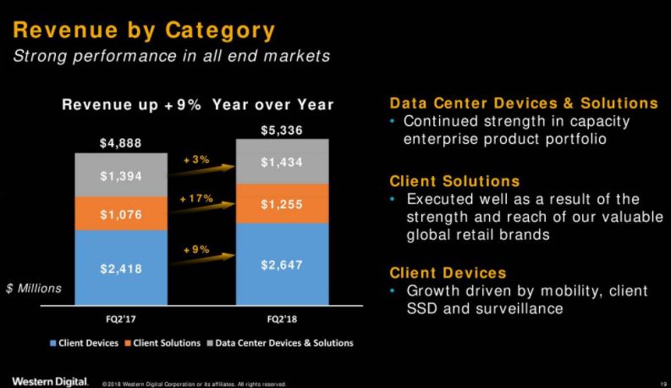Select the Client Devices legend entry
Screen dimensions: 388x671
click(x=87, y=343)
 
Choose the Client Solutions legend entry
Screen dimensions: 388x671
click(x=164, y=343)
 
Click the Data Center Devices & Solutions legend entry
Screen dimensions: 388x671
click(x=280, y=343)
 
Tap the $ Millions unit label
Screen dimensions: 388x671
click(x=34, y=289)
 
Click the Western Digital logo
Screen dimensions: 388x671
click(x=49, y=379)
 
